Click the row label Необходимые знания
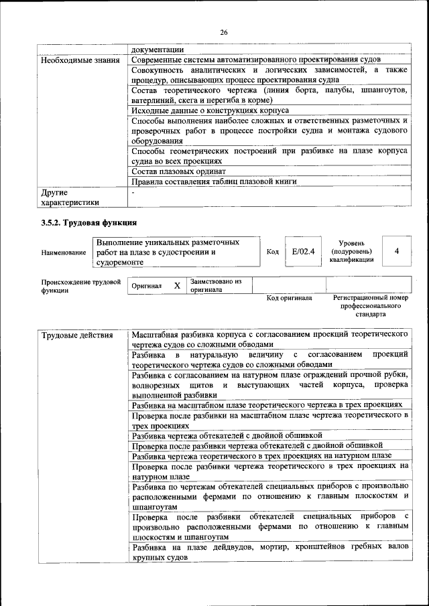tap(80, 60)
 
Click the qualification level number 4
tap(397, 251)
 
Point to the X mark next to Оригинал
tap(177, 286)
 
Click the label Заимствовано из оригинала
tap(215, 286)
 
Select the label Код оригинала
tap(289, 298)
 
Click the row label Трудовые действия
tap(76, 333)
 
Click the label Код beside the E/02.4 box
tap(272, 252)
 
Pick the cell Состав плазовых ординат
tap(178, 171)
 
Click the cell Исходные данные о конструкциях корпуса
tap(210, 110)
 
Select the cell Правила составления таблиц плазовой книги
tap(214, 181)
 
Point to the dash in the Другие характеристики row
tap(133, 192)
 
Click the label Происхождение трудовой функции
tap(80, 287)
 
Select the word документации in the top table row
tap(158, 50)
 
